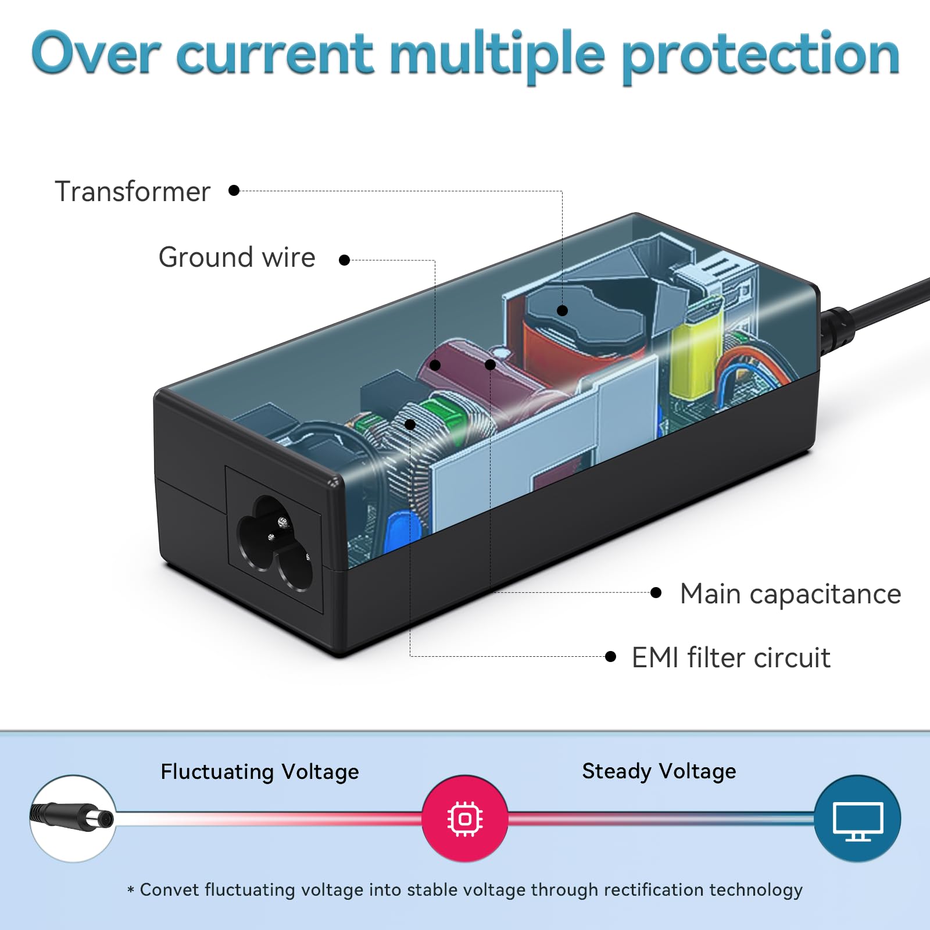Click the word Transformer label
point(132,191)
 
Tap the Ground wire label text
point(237,257)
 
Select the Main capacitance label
point(790,594)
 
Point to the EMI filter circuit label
point(731,658)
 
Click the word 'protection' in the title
point(760,55)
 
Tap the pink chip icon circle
point(464,818)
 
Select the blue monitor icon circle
point(857,818)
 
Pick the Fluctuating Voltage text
point(260,772)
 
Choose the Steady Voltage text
point(659,771)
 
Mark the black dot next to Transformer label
point(234,191)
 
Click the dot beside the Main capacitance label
point(656,593)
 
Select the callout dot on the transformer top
point(562,310)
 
